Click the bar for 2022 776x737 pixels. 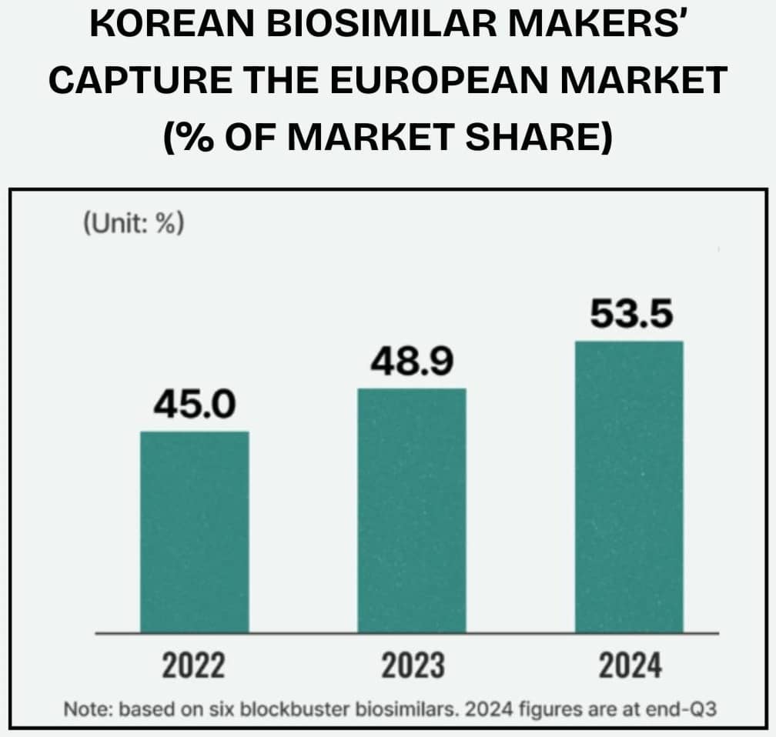tap(194, 532)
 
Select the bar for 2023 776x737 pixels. tap(412, 510)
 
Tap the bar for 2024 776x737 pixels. tap(629, 486)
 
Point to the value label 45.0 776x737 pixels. tap(194, 405)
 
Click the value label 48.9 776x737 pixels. tap(412, 362)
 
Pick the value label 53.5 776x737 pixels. tap(629, 315)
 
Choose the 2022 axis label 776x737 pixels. tap(194, 666)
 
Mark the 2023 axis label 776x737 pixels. tap(412, 666)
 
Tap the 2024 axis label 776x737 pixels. tap(629, 666)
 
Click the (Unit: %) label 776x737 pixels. tap(132, 226)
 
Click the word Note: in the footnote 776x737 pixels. tap(86, 709)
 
